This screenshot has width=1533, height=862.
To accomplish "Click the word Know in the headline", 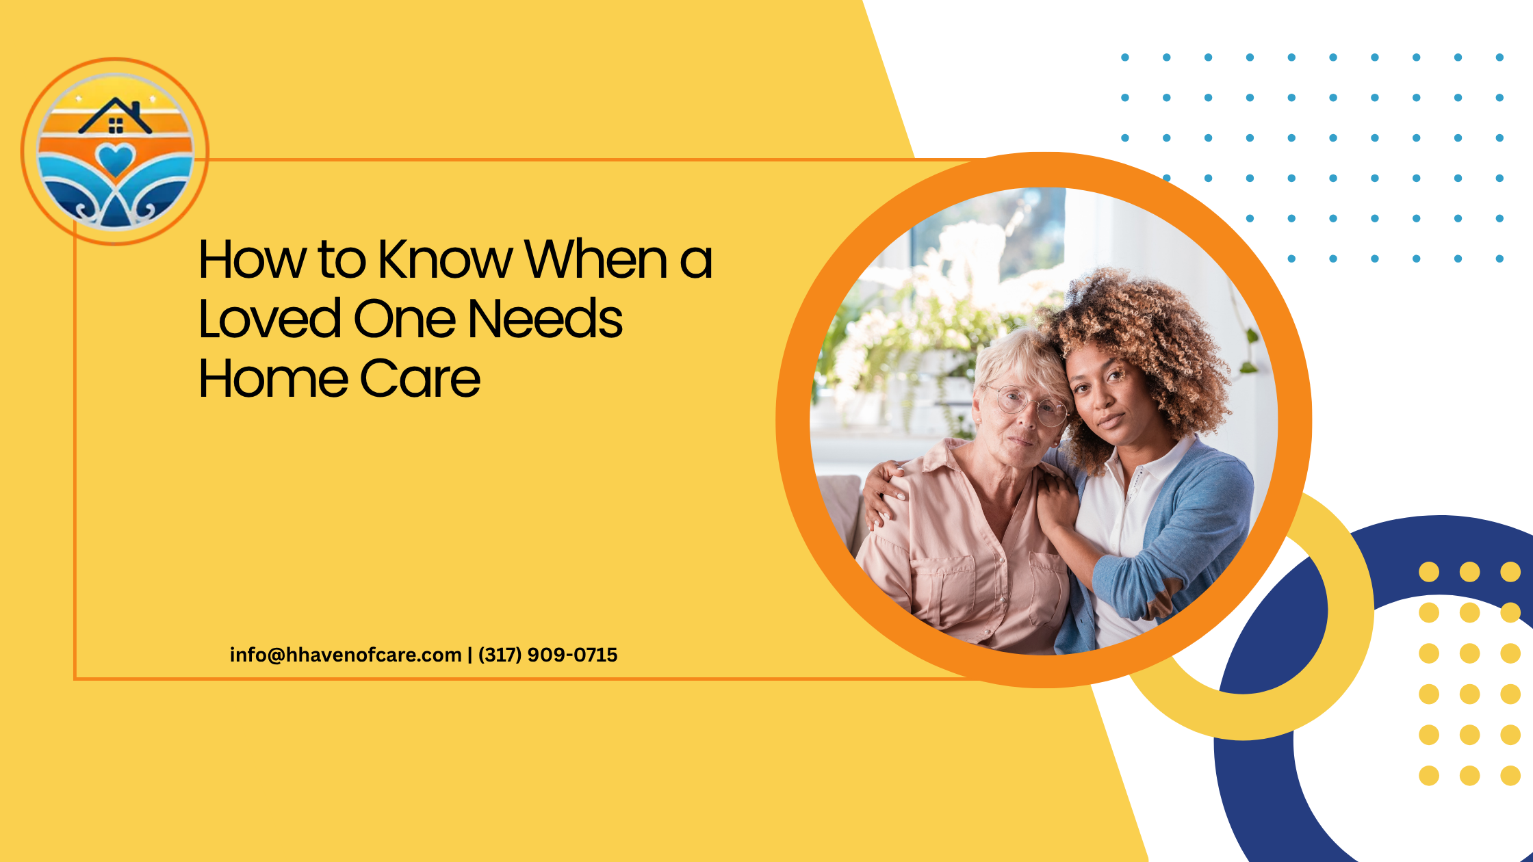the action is [446, 259].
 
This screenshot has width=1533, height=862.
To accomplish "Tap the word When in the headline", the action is [596, 259].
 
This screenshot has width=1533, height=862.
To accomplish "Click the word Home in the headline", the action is [273, 378].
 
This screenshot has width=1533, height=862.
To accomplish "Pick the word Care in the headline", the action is [420, 378].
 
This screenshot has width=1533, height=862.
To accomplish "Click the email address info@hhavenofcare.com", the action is [346, 655].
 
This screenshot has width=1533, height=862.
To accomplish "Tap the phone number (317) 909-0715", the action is [548, 655].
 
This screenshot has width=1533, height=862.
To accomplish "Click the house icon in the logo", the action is [115, 116].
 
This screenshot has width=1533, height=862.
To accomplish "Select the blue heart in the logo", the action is [116, 160].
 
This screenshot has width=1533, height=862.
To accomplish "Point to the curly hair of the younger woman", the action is [1157, 342].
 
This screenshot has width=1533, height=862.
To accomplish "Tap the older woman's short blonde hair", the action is [1020, 363].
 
